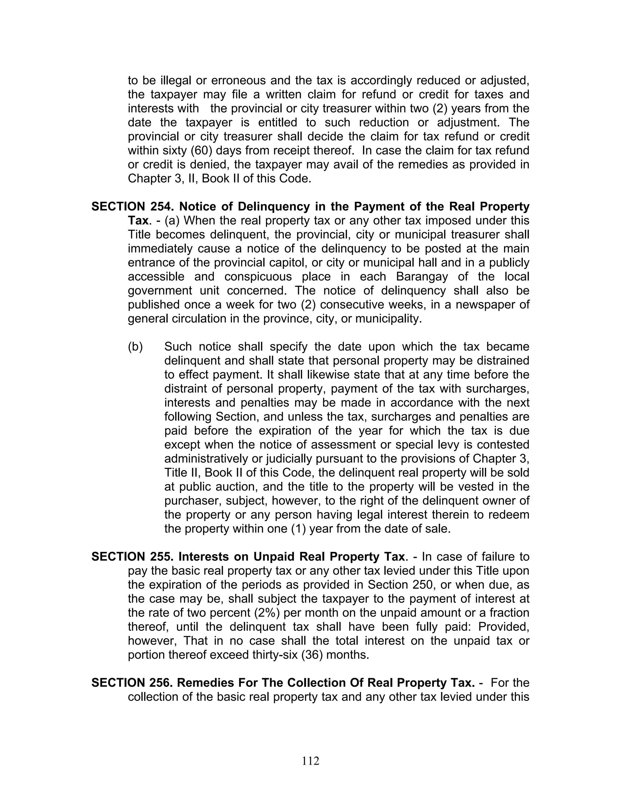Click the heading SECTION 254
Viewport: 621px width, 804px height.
pyautogui.click(x=132, y=207)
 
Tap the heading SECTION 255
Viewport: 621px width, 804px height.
pyautogui.click(x=132, y=557)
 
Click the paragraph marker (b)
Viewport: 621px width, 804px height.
pyautogui.click(x=135, y=346)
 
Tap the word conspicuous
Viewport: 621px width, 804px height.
pyautogui.click(x=257, y=276)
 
